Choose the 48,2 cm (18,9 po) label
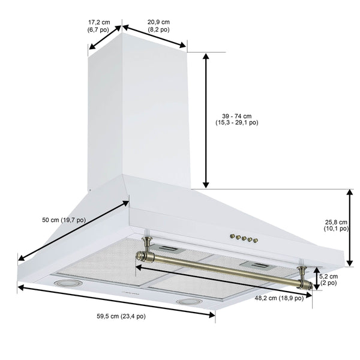tap(279, 298)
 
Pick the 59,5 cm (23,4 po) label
tap(121, 316)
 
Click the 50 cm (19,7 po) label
tap(64, 220)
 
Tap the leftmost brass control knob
tap(233, 236)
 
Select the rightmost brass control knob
tap(254, 240)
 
